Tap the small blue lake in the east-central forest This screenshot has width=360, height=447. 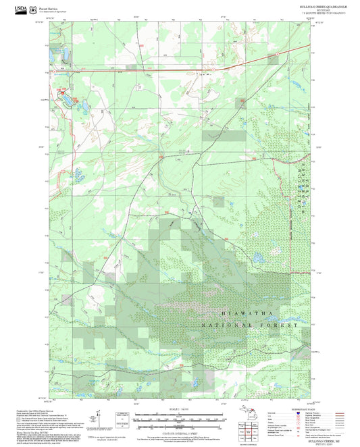pos(257,257)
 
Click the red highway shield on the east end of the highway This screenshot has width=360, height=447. pos(277,53)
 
